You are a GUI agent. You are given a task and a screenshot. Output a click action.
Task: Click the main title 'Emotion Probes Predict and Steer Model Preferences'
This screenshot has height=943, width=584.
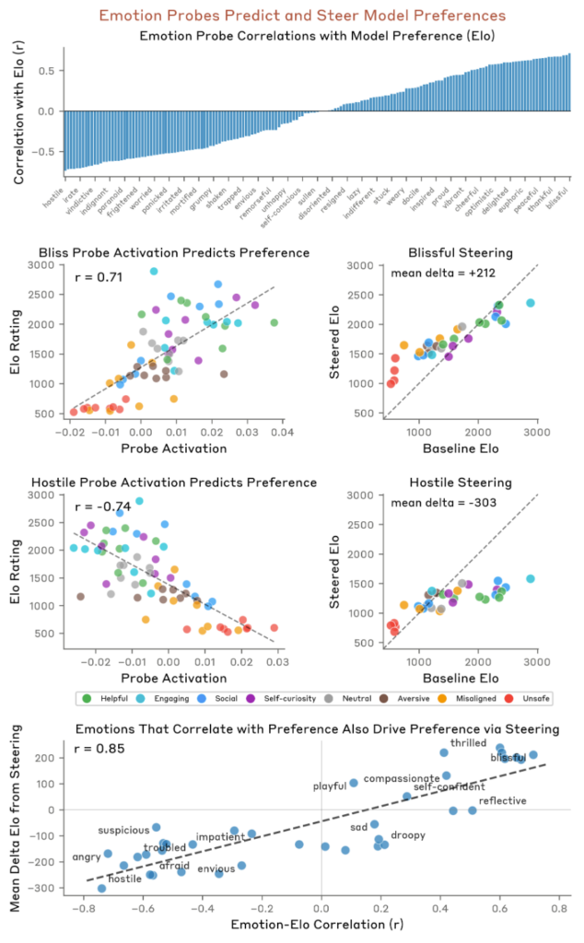(x=291, y=16)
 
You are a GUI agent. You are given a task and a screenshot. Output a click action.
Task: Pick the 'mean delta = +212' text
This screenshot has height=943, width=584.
(x=437, y=273)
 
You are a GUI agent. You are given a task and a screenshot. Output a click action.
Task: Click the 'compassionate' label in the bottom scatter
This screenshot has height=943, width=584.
(x=402, y=778)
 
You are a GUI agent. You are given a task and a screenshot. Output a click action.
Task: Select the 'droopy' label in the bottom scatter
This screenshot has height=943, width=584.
(x=407, y=835)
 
